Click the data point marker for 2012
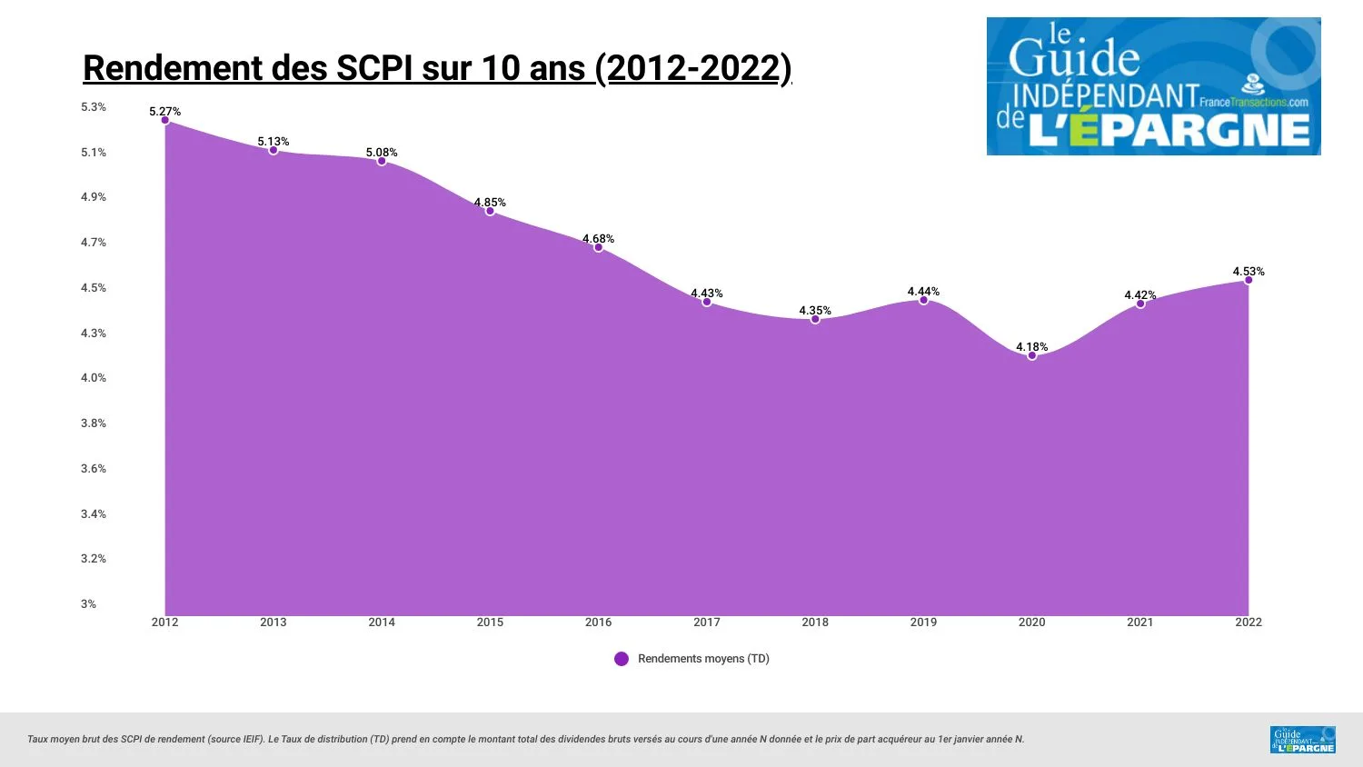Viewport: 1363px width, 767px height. pos(164,120)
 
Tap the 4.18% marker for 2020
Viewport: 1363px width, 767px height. pos(1031,355)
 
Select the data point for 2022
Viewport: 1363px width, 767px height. pos(1248,280)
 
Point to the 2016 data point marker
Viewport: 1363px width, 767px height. pos(598,247)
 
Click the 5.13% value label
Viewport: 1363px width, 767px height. pos(273,142)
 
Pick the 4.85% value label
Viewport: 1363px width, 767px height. pos(490,203)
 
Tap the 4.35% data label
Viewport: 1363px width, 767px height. pos(815,311)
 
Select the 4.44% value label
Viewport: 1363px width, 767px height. pos(923,292)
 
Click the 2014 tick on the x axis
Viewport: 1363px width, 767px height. pos(382,623)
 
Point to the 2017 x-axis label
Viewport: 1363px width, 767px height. pos(706,623)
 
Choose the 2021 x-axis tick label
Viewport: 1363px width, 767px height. pos(1139,623)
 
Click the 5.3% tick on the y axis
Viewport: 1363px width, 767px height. pos(94,107)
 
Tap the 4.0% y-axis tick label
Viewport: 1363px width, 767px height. pos(94,378)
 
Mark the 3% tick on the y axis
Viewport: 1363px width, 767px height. pos(88,604)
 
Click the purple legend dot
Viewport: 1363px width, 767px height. pos(622,659)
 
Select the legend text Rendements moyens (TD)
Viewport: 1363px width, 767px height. pos(703,659)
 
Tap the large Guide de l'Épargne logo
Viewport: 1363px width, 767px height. pos(1153,86)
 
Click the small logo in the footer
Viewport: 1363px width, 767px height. pos(1302,740)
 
